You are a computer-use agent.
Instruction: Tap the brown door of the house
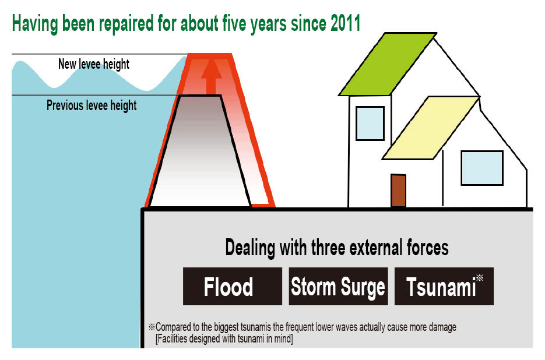tap(398, 190)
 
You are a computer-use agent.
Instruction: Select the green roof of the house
tap(388, 64)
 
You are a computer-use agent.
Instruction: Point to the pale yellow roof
tap(431, 128)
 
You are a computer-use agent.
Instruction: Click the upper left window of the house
tap(370, 123)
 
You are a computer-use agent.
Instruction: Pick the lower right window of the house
tap(481, 168)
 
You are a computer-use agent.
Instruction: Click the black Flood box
tap(233, 287)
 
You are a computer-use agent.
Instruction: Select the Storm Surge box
tap(338, 287)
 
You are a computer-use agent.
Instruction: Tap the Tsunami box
tap(444, 287)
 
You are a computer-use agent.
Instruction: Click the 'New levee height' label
tap(94, 64)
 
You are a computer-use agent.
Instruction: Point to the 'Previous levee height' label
tap(92, 105)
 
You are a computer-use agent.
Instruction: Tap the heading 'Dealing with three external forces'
tap(337, 248)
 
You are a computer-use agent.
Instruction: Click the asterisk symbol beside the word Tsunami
tap(480, 278)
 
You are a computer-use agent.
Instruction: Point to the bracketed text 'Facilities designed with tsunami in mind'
tap(224, 338)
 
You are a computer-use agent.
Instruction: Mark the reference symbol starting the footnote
tap(152, 327)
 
